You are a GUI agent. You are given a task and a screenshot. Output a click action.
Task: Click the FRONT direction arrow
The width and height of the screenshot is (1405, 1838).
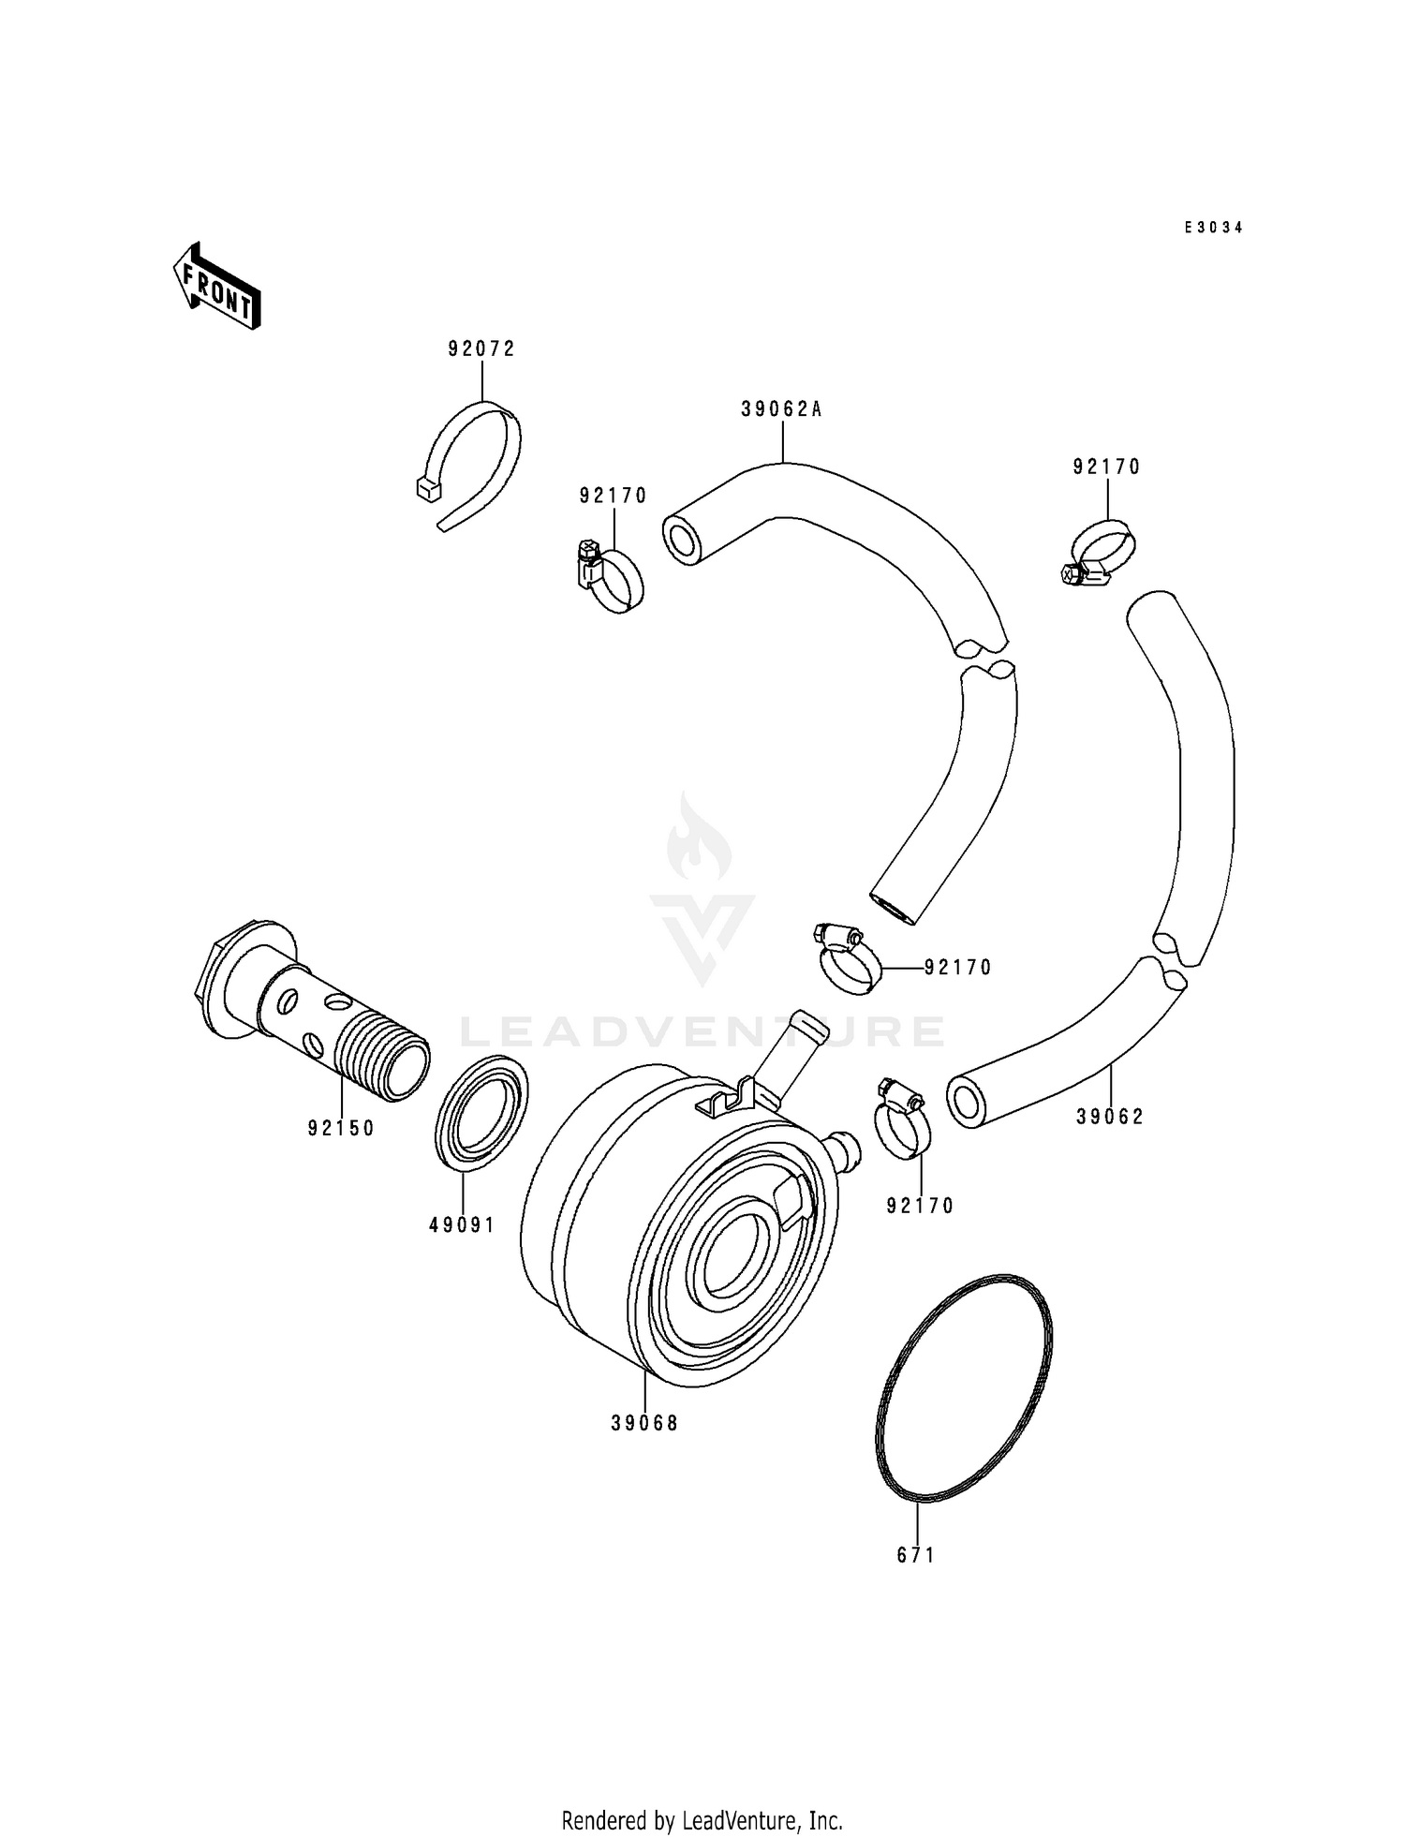[x=215, y=287]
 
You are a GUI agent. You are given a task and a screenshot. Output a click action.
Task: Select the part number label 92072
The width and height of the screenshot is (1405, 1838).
[x=481, y=349]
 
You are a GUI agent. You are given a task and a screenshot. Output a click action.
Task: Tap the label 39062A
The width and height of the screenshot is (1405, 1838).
[x=781, y=409]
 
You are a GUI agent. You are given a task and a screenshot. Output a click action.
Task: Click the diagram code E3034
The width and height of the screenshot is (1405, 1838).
[x=1213, y=228]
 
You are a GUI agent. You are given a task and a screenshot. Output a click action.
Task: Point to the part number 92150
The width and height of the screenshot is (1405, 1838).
[x=341, y=1129]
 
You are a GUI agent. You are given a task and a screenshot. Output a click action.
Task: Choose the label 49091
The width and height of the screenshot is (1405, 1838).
[x=462, y=1224]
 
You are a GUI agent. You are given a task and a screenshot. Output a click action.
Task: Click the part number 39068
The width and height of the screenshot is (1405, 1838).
[x=644, y=1423]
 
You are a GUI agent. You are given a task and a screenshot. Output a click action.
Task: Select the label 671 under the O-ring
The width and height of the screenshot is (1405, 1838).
[x=916, y=1555]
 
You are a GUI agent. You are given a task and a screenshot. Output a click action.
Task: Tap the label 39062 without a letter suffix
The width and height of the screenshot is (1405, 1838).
[x=1110, y=1117]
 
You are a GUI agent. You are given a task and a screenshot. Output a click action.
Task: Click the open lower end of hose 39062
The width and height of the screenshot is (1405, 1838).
[x=969, y=1102]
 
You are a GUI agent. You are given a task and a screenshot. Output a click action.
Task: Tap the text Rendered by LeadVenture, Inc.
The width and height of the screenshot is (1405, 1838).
[x=702, y=1820]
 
